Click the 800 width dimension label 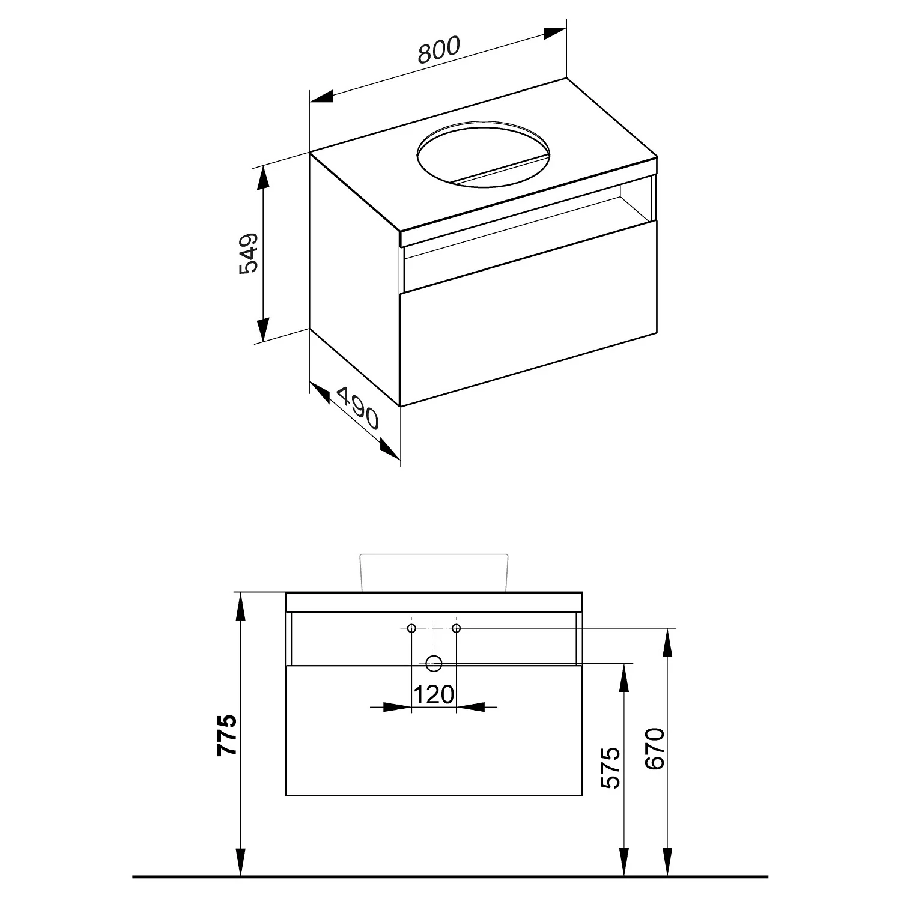pyautogui.click(x=438, y=50)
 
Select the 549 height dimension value pyautogui.click(x=248, y=253)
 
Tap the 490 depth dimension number pyautogui.click(x=358, y=408)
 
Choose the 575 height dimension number pyautogui.click(x=610, y=768)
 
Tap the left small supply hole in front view pyautogui.click(x=411, y=628)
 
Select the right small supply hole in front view pyautogui.click(x=456, y=628)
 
